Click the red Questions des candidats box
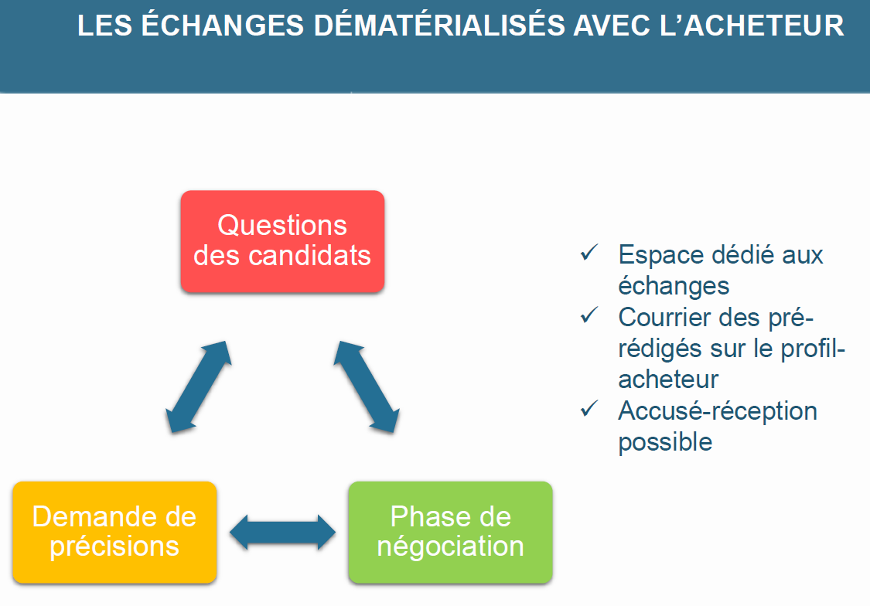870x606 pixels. pos(282,241)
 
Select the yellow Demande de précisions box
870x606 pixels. pos(114,533)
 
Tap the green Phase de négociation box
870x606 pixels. pos(451,533)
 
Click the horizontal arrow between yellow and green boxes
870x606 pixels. pos(282,533)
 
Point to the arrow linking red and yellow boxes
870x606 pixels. pos(199,386)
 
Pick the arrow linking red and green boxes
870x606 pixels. pos(367,386)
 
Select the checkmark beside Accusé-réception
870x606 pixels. pos(589,409)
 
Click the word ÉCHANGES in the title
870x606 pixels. pos(223,25)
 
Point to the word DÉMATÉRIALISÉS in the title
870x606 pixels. pos(438,25)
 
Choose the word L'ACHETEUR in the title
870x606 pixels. pos(752,26)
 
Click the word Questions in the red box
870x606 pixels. pos(282,225)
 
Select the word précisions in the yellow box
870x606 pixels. pos(114,546)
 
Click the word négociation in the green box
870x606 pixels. pos(451,546)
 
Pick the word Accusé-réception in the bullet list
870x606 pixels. pos(718,411)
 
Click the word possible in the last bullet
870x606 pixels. pos(665,442)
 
